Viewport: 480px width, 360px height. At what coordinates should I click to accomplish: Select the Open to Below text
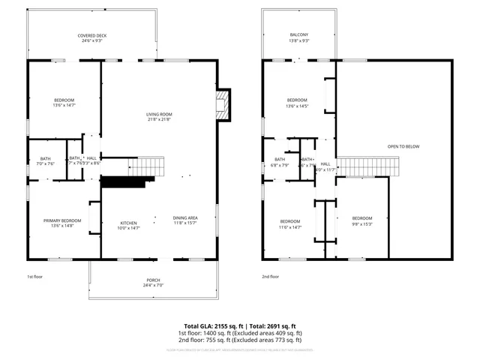click(x=403, y=146)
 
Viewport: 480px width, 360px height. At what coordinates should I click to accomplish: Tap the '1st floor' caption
click(x=35, y=277)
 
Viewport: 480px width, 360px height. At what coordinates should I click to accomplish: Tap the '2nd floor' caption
click(x=271, y=277)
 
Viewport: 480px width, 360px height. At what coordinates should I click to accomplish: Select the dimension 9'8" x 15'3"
click(x=362, y=223)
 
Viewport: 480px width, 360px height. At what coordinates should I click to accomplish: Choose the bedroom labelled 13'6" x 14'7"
click(x=64, y=103)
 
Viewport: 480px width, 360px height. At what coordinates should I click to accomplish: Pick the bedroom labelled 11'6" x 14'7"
click(x=291, y=223)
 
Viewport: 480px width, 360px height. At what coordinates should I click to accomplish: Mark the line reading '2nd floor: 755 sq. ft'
click(x=240, y=340)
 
